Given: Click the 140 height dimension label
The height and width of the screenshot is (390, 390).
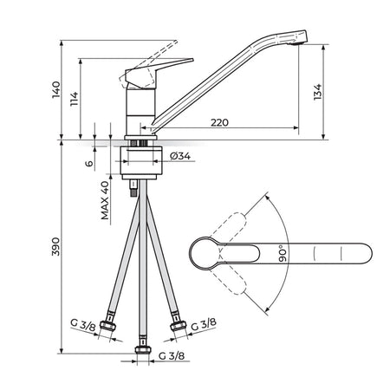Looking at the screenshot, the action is coord(56,90).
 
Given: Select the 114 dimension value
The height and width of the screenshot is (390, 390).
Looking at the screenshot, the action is coord(75,99).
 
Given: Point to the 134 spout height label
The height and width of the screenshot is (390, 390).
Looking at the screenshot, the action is coord(317,92).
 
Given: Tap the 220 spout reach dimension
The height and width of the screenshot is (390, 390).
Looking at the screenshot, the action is coord(219,122).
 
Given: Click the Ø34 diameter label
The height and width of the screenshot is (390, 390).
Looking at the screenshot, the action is coord(180,156).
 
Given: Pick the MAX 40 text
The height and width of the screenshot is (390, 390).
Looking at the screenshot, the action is coord(105,200).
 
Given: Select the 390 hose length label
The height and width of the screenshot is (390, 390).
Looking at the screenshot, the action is coord(55,246).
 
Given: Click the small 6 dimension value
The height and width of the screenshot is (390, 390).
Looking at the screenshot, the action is coord(89,163).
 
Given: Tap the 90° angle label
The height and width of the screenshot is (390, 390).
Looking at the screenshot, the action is coord(283,254).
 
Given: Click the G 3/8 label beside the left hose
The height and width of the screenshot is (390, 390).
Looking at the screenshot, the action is coord(83,326).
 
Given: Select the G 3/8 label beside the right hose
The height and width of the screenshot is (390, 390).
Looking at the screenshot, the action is coord(204,324).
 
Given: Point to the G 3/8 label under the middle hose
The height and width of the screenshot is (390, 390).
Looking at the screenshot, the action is coord(172,355).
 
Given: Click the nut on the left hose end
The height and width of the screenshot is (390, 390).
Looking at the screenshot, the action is coord(108,326).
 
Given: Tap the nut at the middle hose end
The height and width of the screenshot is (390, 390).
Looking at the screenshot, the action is coord(143,350).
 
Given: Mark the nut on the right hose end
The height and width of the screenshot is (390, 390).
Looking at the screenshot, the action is coord(178,326).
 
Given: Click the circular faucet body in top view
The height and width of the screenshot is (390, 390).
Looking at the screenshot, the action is coord(205,254).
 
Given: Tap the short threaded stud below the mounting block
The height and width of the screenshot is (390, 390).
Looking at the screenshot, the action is coord(133,188).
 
